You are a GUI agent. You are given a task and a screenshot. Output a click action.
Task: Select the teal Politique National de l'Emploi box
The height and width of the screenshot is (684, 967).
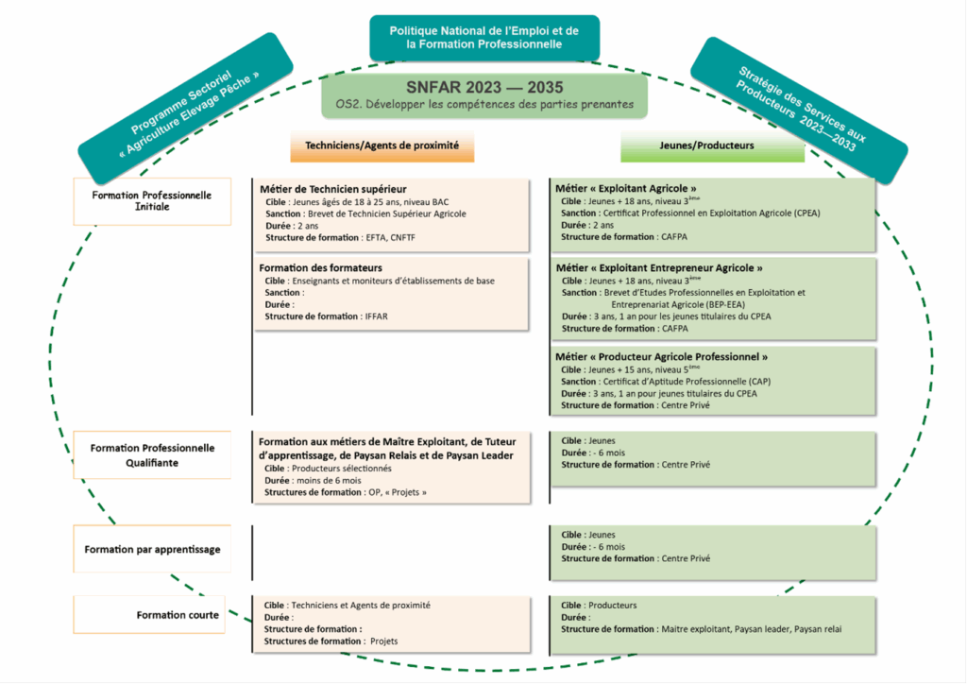click(483, 38)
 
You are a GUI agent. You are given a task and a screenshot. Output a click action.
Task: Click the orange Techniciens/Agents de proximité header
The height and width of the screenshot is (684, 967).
click(382, 146)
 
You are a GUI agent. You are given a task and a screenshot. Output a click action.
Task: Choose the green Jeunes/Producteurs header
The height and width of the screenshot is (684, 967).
click(699, 146)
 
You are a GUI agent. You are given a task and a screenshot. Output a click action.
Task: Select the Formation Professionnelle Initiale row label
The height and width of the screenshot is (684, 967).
click(152, 200)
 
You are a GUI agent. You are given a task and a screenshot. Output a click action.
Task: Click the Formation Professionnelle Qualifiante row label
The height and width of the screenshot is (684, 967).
click(152, 454)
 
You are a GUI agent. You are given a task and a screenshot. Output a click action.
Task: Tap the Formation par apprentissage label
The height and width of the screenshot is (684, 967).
click(152, 549)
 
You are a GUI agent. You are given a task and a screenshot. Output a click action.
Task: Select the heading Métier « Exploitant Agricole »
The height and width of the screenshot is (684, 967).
click(626, 188)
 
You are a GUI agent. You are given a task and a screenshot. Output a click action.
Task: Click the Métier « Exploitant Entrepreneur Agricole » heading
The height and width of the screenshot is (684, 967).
click(659, 268)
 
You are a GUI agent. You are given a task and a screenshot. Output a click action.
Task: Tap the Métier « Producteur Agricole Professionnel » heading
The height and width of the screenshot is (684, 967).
click(661, 357)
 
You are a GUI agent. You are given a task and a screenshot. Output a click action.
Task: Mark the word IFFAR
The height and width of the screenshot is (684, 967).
click(376, 316)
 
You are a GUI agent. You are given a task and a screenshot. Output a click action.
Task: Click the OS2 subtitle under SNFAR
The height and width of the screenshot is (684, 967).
click(484, 105)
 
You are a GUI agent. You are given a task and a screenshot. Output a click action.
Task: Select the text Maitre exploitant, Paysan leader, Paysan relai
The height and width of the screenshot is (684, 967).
click(751, 629)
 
